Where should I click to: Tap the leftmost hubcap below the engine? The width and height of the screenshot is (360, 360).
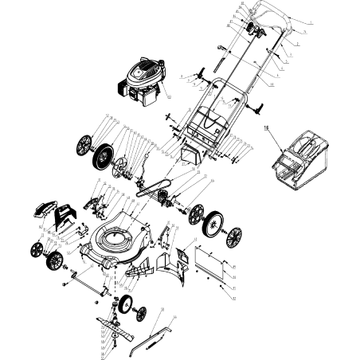[x=84, y=147]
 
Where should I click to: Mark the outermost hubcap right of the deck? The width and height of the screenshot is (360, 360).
[x=235, y=237]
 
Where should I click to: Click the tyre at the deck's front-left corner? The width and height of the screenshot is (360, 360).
[x=55, y=261]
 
